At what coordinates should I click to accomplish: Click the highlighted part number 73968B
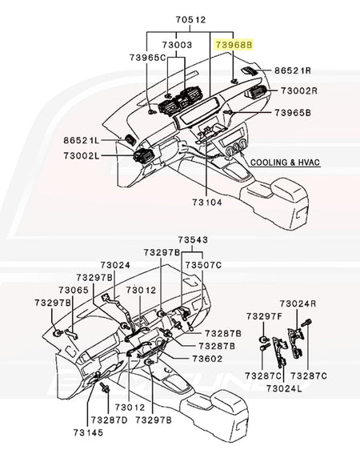(x=234, y=45)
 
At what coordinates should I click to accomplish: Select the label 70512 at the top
(x=190, y=20)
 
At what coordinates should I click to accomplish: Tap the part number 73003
(x=177, y=45)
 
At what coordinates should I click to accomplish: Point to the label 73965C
(x=147, y=58)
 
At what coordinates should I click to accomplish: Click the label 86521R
(x=293, y=70)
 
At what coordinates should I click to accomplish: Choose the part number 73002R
(x=299, y=91)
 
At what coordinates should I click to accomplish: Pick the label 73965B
(x=293, y=112)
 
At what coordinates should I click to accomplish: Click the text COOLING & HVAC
(x=285, y=163)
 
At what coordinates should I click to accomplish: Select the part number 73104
(x=207, y=203)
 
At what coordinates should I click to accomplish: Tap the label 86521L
(x=82, y=140)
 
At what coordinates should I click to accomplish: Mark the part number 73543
(x=193, y=240)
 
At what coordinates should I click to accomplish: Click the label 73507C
(x=203, y=265)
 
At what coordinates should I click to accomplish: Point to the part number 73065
(x=74, y=290)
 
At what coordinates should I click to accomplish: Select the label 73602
(x=207, y=359)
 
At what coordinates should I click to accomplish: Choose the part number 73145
(x=88, y=433)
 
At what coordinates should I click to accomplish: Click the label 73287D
(x=109, y=420)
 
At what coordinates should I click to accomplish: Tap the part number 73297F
(x=264, y=316)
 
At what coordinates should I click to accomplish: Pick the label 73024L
(x=284, y=388)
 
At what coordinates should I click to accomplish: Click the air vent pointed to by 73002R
(x=255, y=91)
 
